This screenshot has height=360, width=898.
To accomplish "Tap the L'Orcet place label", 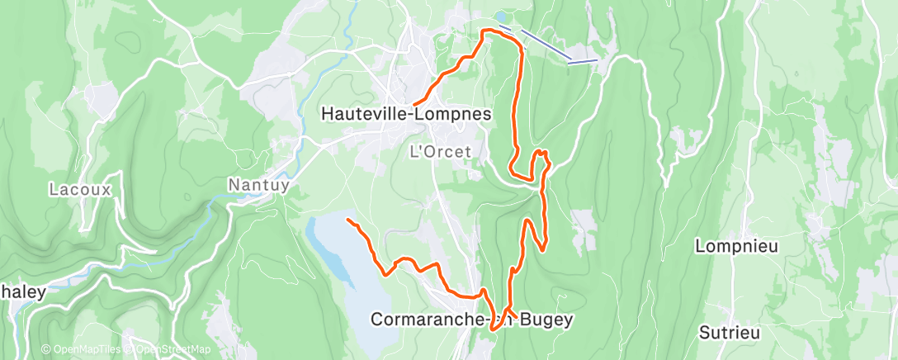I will click(441, 151).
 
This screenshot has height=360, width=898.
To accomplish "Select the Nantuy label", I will click(258, 185).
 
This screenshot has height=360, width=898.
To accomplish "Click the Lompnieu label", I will click(736, 246).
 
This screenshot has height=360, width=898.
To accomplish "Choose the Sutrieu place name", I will click(728, 334).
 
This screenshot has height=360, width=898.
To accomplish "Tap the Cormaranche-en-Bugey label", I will click(471, 318).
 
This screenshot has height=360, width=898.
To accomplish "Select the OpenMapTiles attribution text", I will click(80, 349).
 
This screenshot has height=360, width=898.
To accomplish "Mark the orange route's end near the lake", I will click(348, 220).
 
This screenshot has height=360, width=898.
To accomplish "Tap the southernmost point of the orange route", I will click(493, 329).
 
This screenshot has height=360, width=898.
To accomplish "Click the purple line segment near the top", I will click(545, 45).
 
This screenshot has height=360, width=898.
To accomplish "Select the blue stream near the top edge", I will click(347, 25).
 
